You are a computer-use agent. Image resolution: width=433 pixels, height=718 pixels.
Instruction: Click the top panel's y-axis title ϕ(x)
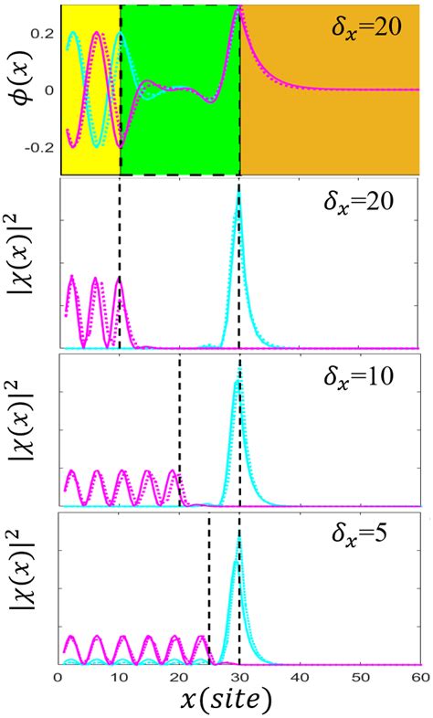tap(16, 89)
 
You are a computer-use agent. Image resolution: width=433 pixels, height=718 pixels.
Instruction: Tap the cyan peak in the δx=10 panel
tap(239, 382)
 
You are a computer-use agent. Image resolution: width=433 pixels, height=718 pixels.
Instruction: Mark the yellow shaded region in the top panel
tap(90, 91)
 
